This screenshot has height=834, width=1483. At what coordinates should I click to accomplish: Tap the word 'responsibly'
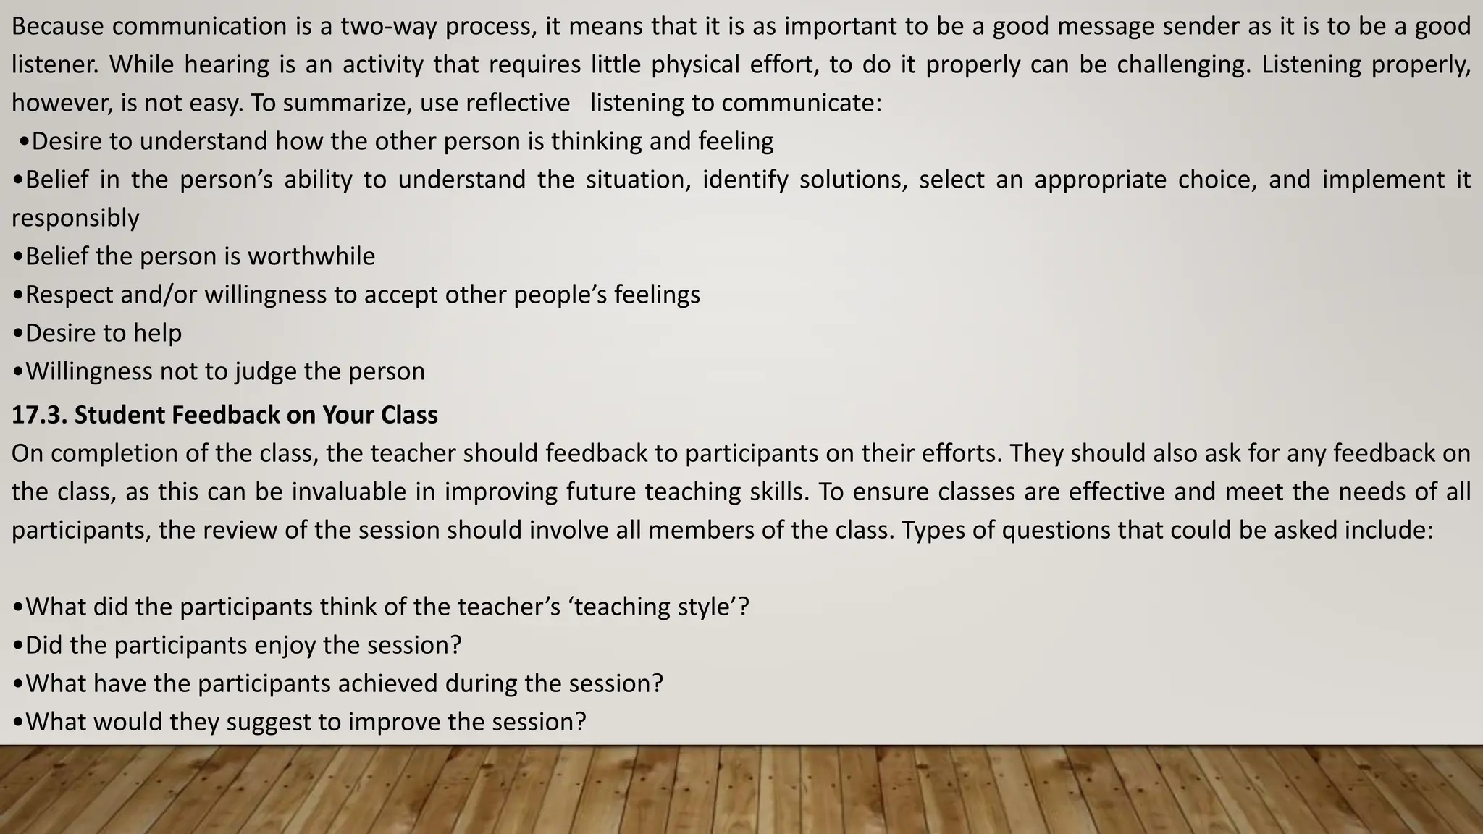75,218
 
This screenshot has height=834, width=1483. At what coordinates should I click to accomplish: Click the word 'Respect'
68,295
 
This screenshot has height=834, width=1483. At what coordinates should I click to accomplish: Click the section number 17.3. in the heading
39,415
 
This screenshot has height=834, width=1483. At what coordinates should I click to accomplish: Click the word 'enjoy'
282,645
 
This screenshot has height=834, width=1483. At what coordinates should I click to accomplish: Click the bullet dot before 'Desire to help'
18,334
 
